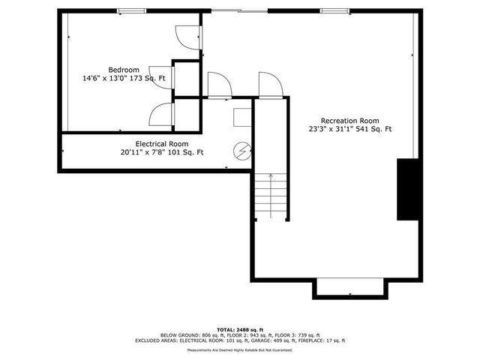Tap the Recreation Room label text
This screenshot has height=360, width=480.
(349, 121)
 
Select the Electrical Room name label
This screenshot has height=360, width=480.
(161, 143)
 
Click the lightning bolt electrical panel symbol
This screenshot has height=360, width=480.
(241, 151)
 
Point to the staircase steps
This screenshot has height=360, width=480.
(270, 196)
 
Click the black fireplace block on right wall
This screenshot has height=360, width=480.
(407, 189)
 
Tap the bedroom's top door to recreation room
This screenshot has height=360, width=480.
(185, 38)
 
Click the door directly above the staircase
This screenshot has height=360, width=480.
(269, 85)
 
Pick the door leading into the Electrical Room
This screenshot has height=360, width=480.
(217, 85)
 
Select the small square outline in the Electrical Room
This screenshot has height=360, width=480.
(242, 118)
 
